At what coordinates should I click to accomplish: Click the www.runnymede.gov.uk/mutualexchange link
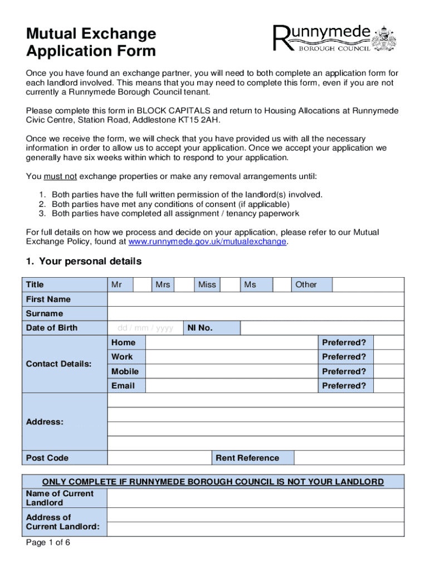point(207,241)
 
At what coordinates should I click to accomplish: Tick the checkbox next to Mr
point(143,285)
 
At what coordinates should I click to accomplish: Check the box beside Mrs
point(183,285)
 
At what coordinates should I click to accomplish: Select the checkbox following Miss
point(230,285)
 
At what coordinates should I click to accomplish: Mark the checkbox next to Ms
point(282,285)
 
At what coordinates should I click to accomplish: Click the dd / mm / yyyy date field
point(145,328)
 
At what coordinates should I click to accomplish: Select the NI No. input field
point(322,328)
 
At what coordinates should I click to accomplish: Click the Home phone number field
point(231,342)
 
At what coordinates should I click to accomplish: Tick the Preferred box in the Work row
point(388,357)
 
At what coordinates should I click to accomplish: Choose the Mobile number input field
point(231,371)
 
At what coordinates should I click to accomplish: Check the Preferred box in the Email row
point(388,386)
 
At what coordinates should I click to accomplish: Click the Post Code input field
point(159,458)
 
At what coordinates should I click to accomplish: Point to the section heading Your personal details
point(84,262)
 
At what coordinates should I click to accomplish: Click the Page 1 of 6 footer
point(48,543)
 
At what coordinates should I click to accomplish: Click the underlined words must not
point(60,177)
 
